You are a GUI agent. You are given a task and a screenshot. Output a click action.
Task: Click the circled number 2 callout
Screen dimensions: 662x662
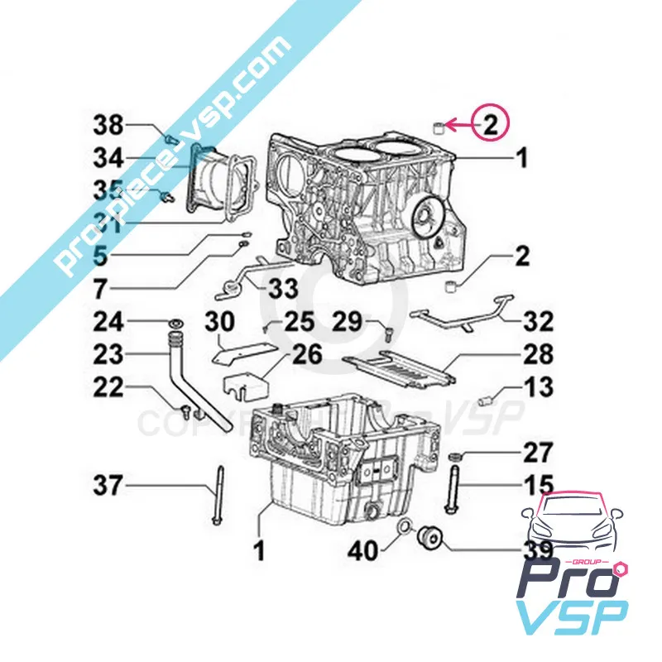click(490, 126)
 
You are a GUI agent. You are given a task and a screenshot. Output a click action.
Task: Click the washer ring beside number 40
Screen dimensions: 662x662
click(404, 528)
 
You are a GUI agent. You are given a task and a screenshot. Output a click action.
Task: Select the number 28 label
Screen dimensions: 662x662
click(537, 356)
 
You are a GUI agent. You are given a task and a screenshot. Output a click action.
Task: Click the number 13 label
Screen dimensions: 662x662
click(537, 387)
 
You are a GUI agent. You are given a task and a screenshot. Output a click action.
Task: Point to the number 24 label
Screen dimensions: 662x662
click(108, 321)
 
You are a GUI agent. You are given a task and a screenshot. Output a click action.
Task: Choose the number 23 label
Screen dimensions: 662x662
click(108, 355)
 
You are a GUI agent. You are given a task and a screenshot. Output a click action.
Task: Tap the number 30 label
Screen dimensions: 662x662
click(219, 322)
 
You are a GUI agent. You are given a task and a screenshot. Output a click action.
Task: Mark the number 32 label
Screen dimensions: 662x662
click(537, 322)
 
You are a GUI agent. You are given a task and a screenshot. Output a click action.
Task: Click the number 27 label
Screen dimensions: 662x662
click(537, 453)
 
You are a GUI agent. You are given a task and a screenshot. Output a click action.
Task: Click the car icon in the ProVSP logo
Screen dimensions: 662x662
click(570, 523)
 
